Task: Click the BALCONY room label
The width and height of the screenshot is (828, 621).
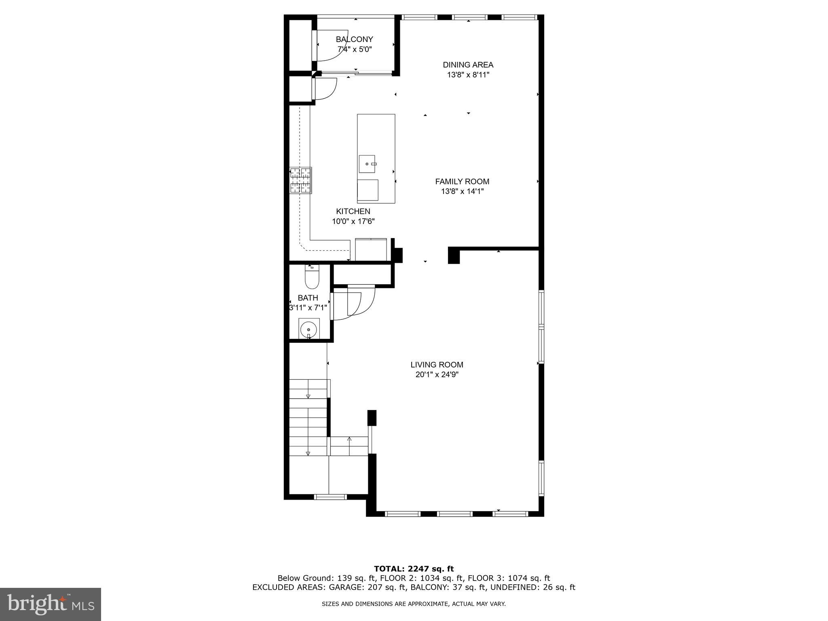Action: click(354, 39)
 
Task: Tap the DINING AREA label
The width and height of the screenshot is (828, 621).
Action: click(468, 65)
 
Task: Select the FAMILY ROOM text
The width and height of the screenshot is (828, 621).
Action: click(462, 182)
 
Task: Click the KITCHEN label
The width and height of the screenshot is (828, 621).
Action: click(353, 211)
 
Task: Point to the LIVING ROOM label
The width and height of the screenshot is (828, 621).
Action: click(437, 365)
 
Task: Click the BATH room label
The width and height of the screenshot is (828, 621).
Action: click(308, 298)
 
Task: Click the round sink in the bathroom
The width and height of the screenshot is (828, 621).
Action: click(309, 328)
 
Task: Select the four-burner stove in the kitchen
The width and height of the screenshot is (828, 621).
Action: click(300, 180)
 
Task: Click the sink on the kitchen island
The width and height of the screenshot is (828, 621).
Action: click(367, 164)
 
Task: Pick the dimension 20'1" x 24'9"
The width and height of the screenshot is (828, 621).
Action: click(437, 375)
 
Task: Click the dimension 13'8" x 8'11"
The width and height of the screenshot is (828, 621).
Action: click(468, 75)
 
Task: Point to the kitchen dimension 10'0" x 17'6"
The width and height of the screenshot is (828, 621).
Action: click(353, 222)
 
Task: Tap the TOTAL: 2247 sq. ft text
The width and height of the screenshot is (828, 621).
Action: click(414, 569)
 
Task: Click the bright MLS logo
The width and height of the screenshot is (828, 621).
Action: click(51, 604)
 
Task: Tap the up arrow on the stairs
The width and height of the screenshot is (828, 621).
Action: click(349, 439)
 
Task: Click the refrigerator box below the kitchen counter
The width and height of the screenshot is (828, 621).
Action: click(371, 250)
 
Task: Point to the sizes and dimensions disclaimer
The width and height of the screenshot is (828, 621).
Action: click(414, 604)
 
